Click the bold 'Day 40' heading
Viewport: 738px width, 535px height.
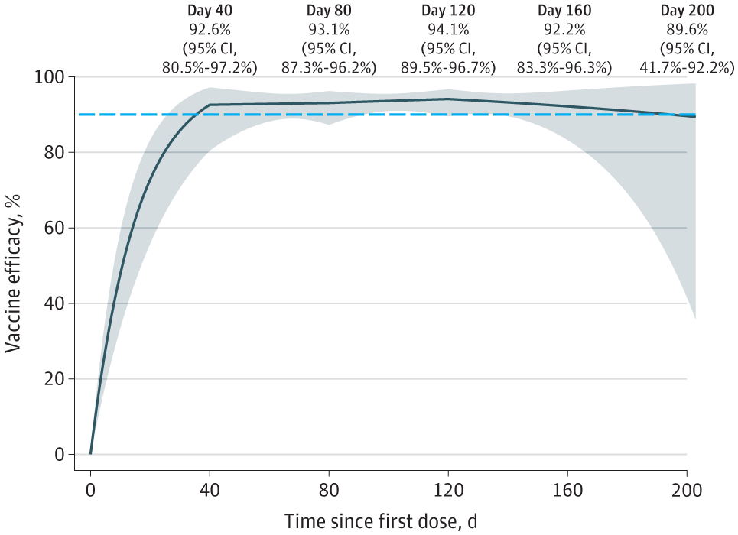[210, 11]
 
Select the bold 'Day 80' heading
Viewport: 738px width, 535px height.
[329, 11]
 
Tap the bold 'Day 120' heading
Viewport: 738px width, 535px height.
[448, 11]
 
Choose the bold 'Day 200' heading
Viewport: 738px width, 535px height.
[687, 11]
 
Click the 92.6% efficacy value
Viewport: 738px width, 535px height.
[210, 30]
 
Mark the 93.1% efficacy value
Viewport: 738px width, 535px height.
[329, 30]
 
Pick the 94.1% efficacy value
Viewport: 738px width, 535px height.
[448, 30]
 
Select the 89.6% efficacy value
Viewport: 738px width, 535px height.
[687, 30]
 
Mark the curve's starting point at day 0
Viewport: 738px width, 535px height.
[90, 454]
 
